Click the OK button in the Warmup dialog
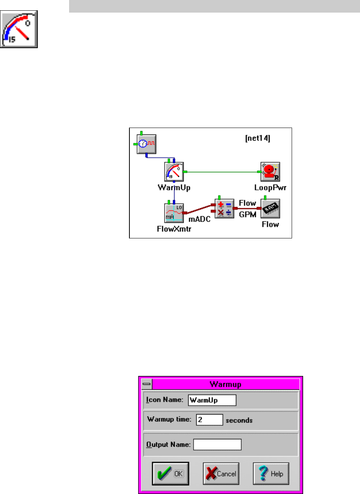(x=170, y=473)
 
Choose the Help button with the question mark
(x=271, y=473)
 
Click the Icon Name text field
(x=212, y=400)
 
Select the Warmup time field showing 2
(x=209, y=419)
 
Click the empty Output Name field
(x=217, y=445)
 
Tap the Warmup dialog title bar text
(x=225, y=384)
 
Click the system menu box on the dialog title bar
(x=147, y=384)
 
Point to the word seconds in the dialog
(x=239, y=420)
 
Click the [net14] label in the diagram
(x=257, y=138)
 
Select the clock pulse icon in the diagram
(x=147, y=144)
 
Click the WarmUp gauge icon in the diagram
(x=174, y=172)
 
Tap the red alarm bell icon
(x=270, y=172)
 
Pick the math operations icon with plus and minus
(x=224, y=209)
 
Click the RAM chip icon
(x=270, y=209)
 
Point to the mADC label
(x=199, y=220)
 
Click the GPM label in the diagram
(x=247, y=214)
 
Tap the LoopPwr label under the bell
(x=270, y=188)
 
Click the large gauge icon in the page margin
(x=19, y=29)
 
